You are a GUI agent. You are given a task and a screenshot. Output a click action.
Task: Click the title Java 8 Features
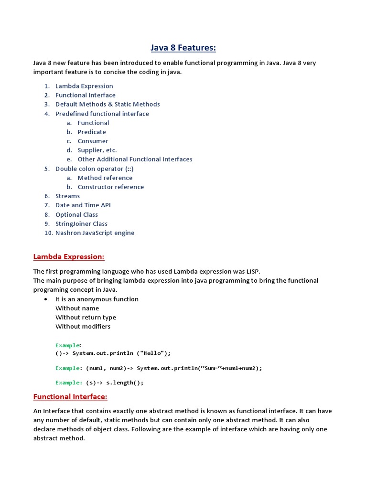(183, 47)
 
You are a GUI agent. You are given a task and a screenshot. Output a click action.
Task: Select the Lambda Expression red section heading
(68, 257)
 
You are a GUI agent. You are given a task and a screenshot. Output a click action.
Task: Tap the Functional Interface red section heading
(70, 397)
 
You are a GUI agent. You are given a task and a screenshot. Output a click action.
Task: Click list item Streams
(67, 196)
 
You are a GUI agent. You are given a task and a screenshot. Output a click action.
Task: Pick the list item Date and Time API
(83, 205)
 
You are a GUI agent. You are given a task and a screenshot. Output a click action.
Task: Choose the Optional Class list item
(76, 215)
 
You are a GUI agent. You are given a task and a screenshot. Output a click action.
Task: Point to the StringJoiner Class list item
(81, 224)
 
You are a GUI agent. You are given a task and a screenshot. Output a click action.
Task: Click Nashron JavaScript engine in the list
(95, 233)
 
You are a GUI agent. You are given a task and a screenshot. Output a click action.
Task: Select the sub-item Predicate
(92, 132)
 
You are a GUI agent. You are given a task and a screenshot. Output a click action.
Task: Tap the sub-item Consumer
(93, 141)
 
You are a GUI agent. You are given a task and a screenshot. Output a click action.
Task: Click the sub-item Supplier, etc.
(97, 150)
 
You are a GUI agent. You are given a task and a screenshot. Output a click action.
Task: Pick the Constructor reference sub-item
(110, 187)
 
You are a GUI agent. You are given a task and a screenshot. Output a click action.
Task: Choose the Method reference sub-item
(105, 178)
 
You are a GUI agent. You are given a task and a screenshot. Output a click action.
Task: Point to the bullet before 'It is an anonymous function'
(45, 299)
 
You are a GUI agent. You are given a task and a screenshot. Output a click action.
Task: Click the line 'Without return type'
(86, 318)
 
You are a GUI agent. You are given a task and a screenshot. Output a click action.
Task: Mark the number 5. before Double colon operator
(47, 169)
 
